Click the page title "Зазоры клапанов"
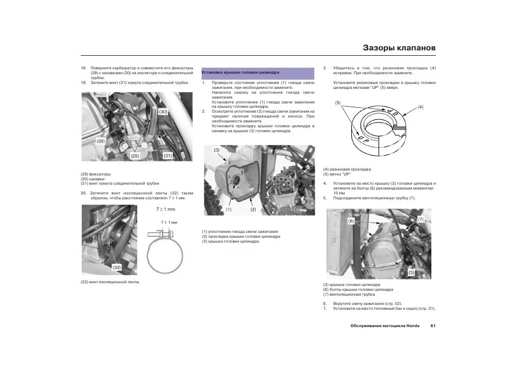pos(399,48)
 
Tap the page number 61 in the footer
pos(433,325)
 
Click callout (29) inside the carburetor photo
pos(135,155)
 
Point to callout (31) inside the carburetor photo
pos(167,155)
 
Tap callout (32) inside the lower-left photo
pos(117,267)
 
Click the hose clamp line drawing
pos(169,252)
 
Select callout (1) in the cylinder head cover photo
pos(229,208)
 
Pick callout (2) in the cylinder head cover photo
pos(253,208)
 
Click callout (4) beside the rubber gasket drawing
pos(420,107)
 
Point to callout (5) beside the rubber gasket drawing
pos(338,102)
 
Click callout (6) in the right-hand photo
pos(351,221)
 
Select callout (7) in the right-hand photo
pos(421,219)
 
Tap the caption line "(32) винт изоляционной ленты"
pos(110,282)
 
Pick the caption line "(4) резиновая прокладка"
pos(347,169)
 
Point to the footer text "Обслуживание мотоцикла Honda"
pos(385,325)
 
